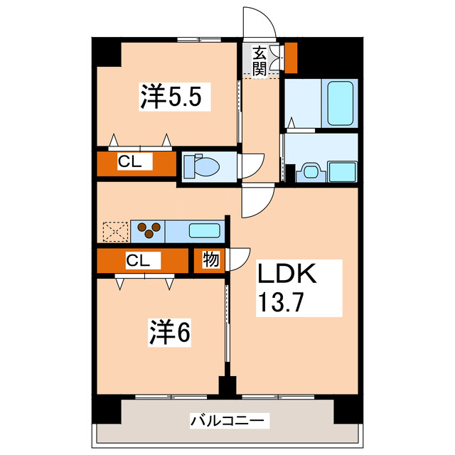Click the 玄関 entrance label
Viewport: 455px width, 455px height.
(x=259, y=60)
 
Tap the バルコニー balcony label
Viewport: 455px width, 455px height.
(x=229, y=422)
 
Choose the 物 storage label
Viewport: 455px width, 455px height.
(x=211, y=260)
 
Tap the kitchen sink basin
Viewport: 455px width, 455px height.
(x=205, y=230)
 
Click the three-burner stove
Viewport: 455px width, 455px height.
(x=149, y=230)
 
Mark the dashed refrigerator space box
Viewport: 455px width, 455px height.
(x=113, y=231)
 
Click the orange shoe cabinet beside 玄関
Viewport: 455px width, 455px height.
(x=291, y=58)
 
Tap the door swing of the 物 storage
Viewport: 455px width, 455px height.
(x=237, y=258)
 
